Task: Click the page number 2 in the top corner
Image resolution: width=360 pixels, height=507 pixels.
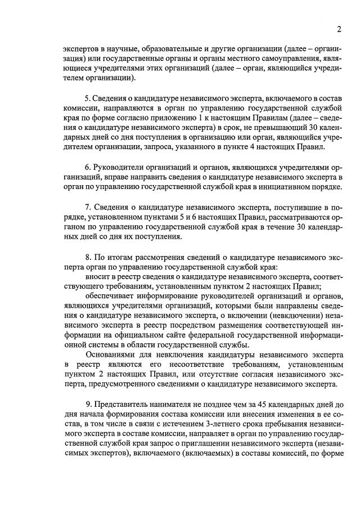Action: pyautogui.click(x=339, y=30)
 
